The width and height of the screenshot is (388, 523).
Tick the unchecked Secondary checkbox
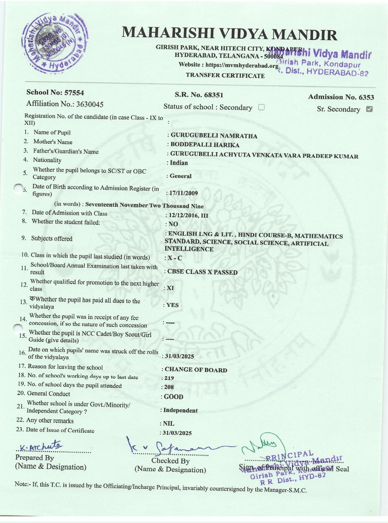click(261, 107)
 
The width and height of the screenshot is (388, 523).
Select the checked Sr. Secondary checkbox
click(369, 109)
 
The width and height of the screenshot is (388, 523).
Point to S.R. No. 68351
click(199, 95)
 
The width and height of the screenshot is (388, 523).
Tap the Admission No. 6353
click(341, 97)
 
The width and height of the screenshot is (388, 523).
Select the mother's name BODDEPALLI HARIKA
click(205, 145)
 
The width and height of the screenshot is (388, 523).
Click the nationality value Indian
click(178, 163)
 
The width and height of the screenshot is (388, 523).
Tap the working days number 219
click(169, 378)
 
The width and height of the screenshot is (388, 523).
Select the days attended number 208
click(169, 387)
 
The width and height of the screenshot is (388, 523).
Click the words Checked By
click(170, 461)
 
